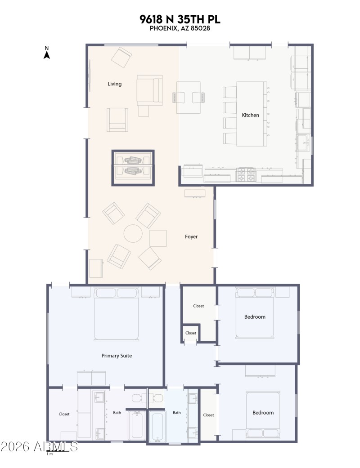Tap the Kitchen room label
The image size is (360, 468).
(x=251, y=115)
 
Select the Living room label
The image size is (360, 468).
(x=114, y=84)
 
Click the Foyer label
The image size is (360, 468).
(x=191, y=236)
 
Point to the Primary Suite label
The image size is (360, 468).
(x=117, y=356)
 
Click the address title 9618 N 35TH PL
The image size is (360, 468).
(x=180, y=19)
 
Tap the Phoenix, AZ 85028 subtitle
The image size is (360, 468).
(x=180, y=28)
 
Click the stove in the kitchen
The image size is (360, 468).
(x=246, y=175)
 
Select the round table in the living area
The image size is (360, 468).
(x=133, y=234)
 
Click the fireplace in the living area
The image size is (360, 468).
(x=133, y=168)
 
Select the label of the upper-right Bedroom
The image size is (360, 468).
(x=255, y=317)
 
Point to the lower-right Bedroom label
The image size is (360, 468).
(x=263, y=413)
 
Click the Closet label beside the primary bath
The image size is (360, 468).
(x=64, y=414)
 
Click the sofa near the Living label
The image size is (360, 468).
(x=149, y=90)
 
